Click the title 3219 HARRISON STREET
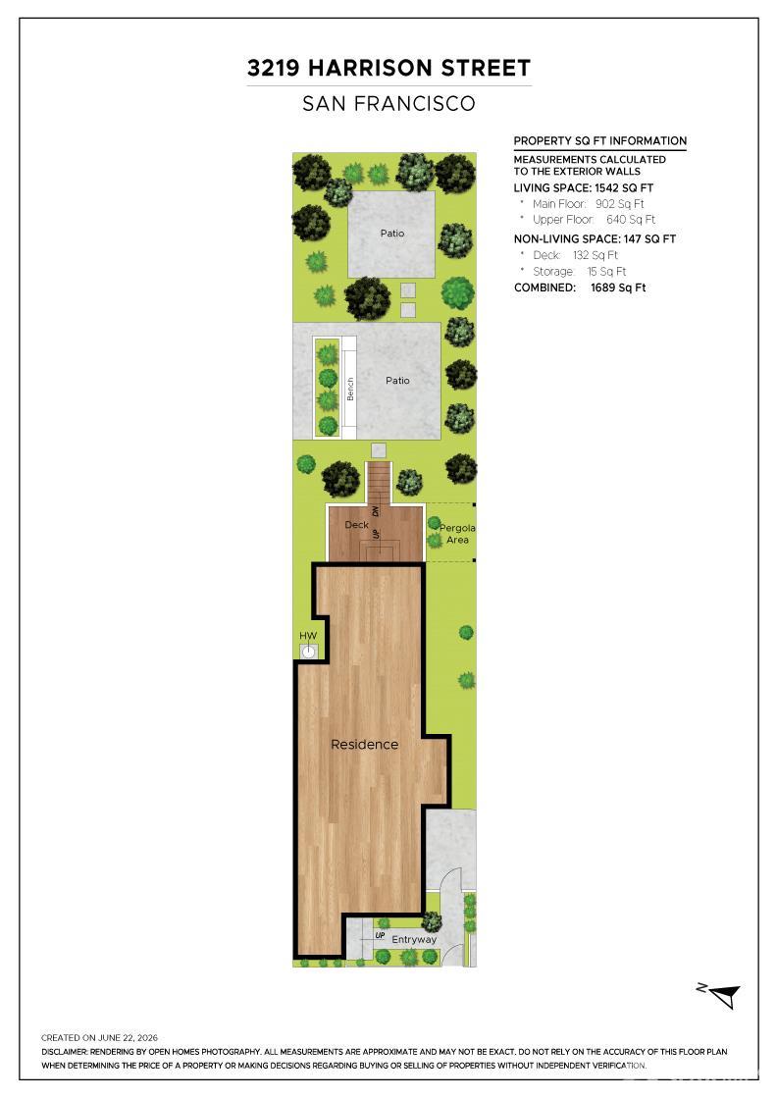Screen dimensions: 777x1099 click(x=388, y=68)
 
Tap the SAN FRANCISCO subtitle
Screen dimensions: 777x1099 click(x=388, y=104)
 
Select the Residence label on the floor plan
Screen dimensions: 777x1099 click(x=364, y=745)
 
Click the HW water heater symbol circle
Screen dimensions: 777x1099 click(x=308, y=652)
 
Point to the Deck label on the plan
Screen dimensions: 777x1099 click(x=357, y=524)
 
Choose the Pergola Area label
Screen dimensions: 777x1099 click(x=457, y=534)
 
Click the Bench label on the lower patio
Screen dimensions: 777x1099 click(x=350, y=389)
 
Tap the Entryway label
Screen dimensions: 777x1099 click(x=414, y=939)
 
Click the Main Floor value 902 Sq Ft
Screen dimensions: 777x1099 click(x=619, y=204)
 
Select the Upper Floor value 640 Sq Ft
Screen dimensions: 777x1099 click(x=631, y=220)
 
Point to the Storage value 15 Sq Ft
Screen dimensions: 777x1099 click(x=606, y=271)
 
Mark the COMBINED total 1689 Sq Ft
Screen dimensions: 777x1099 click(x=618, y=288)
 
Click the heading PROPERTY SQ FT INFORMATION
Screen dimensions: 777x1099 click(x=599, y=141)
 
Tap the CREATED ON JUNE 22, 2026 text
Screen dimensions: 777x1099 click(x=99, y=1037)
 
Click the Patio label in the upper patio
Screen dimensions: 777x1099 click(x=392, y=233)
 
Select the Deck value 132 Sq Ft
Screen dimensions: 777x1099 click(x=596, y=255)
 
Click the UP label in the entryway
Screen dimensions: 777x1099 click(x=380, y=935)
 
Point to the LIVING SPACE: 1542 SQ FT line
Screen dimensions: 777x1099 click(x=584, y=187)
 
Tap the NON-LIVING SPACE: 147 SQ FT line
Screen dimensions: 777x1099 click(x=595, y=239)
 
